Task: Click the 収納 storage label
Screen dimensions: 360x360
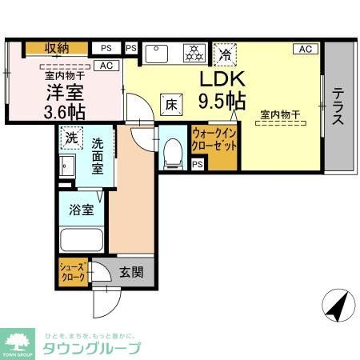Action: click(x=56, y=48)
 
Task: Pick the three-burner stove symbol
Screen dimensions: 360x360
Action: click(x=194, y=54)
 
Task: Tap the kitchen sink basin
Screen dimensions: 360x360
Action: click(x=158, y=54)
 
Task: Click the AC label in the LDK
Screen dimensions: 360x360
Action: click(x=305, y=49)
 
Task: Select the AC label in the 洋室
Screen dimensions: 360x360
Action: click(x=106, y=66)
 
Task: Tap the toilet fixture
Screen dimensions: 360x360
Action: click(x=171, y=152)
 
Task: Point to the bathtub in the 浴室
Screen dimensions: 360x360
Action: click(x=81, y=238)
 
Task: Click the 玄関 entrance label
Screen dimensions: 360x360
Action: click(x=133, y=272)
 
